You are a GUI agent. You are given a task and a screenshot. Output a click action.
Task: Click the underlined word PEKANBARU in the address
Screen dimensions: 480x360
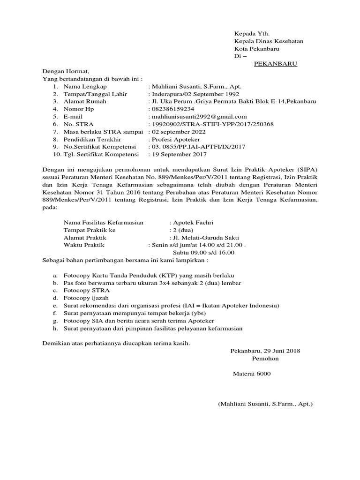point(276,63)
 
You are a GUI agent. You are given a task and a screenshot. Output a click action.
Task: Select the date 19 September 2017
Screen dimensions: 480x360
point(178,154)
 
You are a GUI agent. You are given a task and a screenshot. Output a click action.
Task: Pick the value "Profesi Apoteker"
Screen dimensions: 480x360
point(175,139)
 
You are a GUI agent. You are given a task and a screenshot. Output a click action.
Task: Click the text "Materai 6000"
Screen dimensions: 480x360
point(252,374)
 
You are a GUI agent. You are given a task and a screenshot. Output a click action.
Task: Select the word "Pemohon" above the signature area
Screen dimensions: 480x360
point(265,359)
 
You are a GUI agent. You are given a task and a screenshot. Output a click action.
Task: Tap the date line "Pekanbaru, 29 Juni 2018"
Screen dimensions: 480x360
point(265,351)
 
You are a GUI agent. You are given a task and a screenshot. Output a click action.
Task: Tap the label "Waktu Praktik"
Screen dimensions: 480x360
point(84,245)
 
